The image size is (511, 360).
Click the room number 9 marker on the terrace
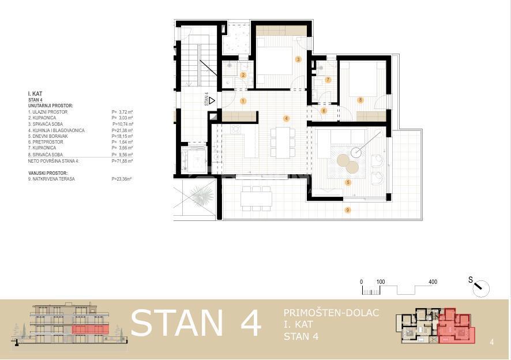coord(347,210)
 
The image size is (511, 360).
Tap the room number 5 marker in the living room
coord(348,182)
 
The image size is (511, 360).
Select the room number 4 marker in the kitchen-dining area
coord(286,118)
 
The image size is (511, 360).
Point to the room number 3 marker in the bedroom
coord(298,59)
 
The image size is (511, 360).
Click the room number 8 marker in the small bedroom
coord(360,100)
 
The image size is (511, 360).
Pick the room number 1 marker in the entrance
coord(243,101)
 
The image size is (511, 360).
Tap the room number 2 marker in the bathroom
coord(243,75)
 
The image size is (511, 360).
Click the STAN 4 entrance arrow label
coord(208,100)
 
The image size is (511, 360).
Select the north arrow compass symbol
coord(480,287)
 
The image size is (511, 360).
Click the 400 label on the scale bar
coord(433,282)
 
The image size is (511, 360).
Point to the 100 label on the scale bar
coord(381,282)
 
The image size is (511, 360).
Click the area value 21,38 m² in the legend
coord(122,130)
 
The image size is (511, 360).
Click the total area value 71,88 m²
coord(122,161)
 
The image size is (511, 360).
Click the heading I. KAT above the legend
coord(35,93)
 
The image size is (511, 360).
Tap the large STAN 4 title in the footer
coord(196,323)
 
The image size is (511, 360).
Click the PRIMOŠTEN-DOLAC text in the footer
coord(331,313)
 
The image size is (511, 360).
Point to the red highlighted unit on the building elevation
coord(91,329)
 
